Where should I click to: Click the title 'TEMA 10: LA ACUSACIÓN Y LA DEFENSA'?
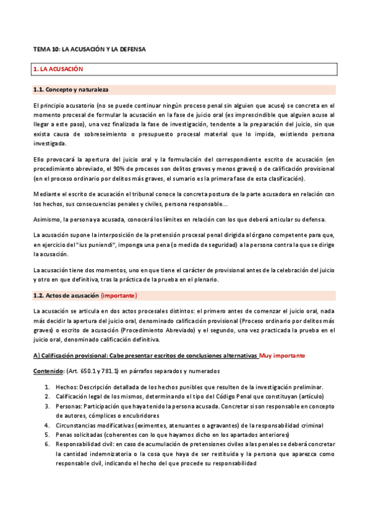click(x=89, y=49)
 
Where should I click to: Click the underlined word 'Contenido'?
click(x=49, y=372)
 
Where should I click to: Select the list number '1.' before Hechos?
click(x=47, y=387)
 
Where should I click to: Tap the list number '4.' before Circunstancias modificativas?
click(x=47, y=425)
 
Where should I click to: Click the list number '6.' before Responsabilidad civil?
click(x=47, y=444)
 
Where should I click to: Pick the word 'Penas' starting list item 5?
click(x=65, y=434)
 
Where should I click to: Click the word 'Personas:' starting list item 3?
click(x=69, y=406)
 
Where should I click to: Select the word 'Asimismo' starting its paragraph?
click(x=47, y=219)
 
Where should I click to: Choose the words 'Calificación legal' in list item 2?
click(x=78, y=396)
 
